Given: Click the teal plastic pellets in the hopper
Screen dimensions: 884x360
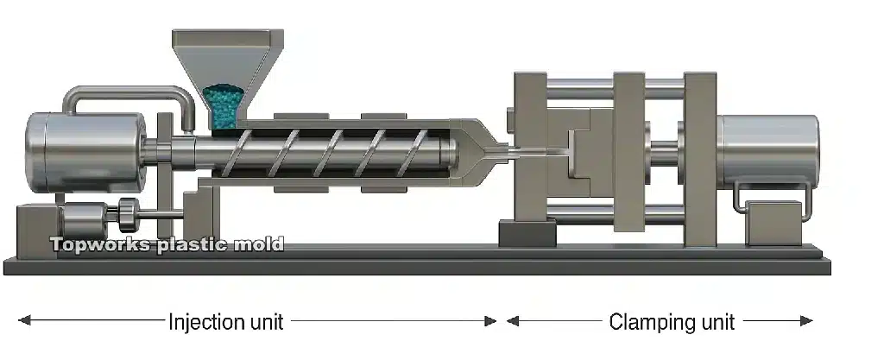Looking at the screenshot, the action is [224, 106].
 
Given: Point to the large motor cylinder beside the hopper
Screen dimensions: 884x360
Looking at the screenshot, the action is [85, 152].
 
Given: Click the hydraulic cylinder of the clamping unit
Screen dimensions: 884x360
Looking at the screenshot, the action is [769, 152].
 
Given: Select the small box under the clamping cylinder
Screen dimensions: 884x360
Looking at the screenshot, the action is [773, 223].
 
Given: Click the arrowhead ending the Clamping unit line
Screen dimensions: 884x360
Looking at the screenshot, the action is [807, 321].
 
